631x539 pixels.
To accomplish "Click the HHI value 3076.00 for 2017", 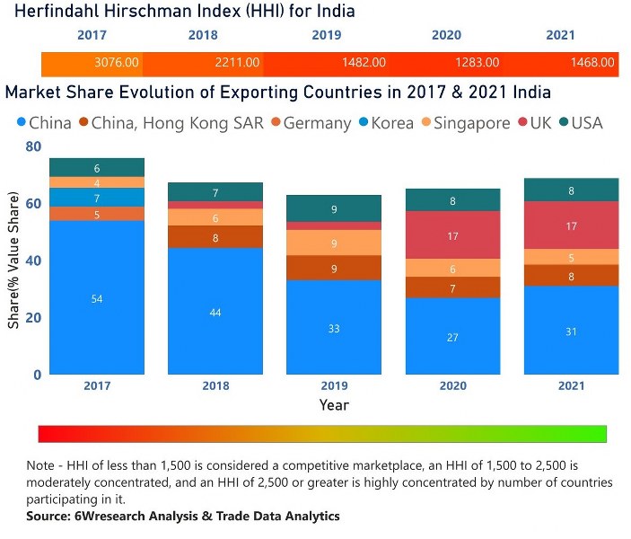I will (x=117, y=63).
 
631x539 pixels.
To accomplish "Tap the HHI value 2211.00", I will (x=237, y=63).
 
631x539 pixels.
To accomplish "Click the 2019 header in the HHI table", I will (x=326, y=36).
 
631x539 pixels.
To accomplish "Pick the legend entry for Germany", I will (x=309, y=123).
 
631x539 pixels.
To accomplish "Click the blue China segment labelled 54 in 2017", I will (x=96, y=298).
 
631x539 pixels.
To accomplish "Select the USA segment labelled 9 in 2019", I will (x=334, y=209).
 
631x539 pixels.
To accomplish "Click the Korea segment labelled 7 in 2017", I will (x=96, y=198).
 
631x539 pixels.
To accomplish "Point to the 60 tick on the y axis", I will (x=33, y=204).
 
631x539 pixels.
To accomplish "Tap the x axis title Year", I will (x=334, y=405).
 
